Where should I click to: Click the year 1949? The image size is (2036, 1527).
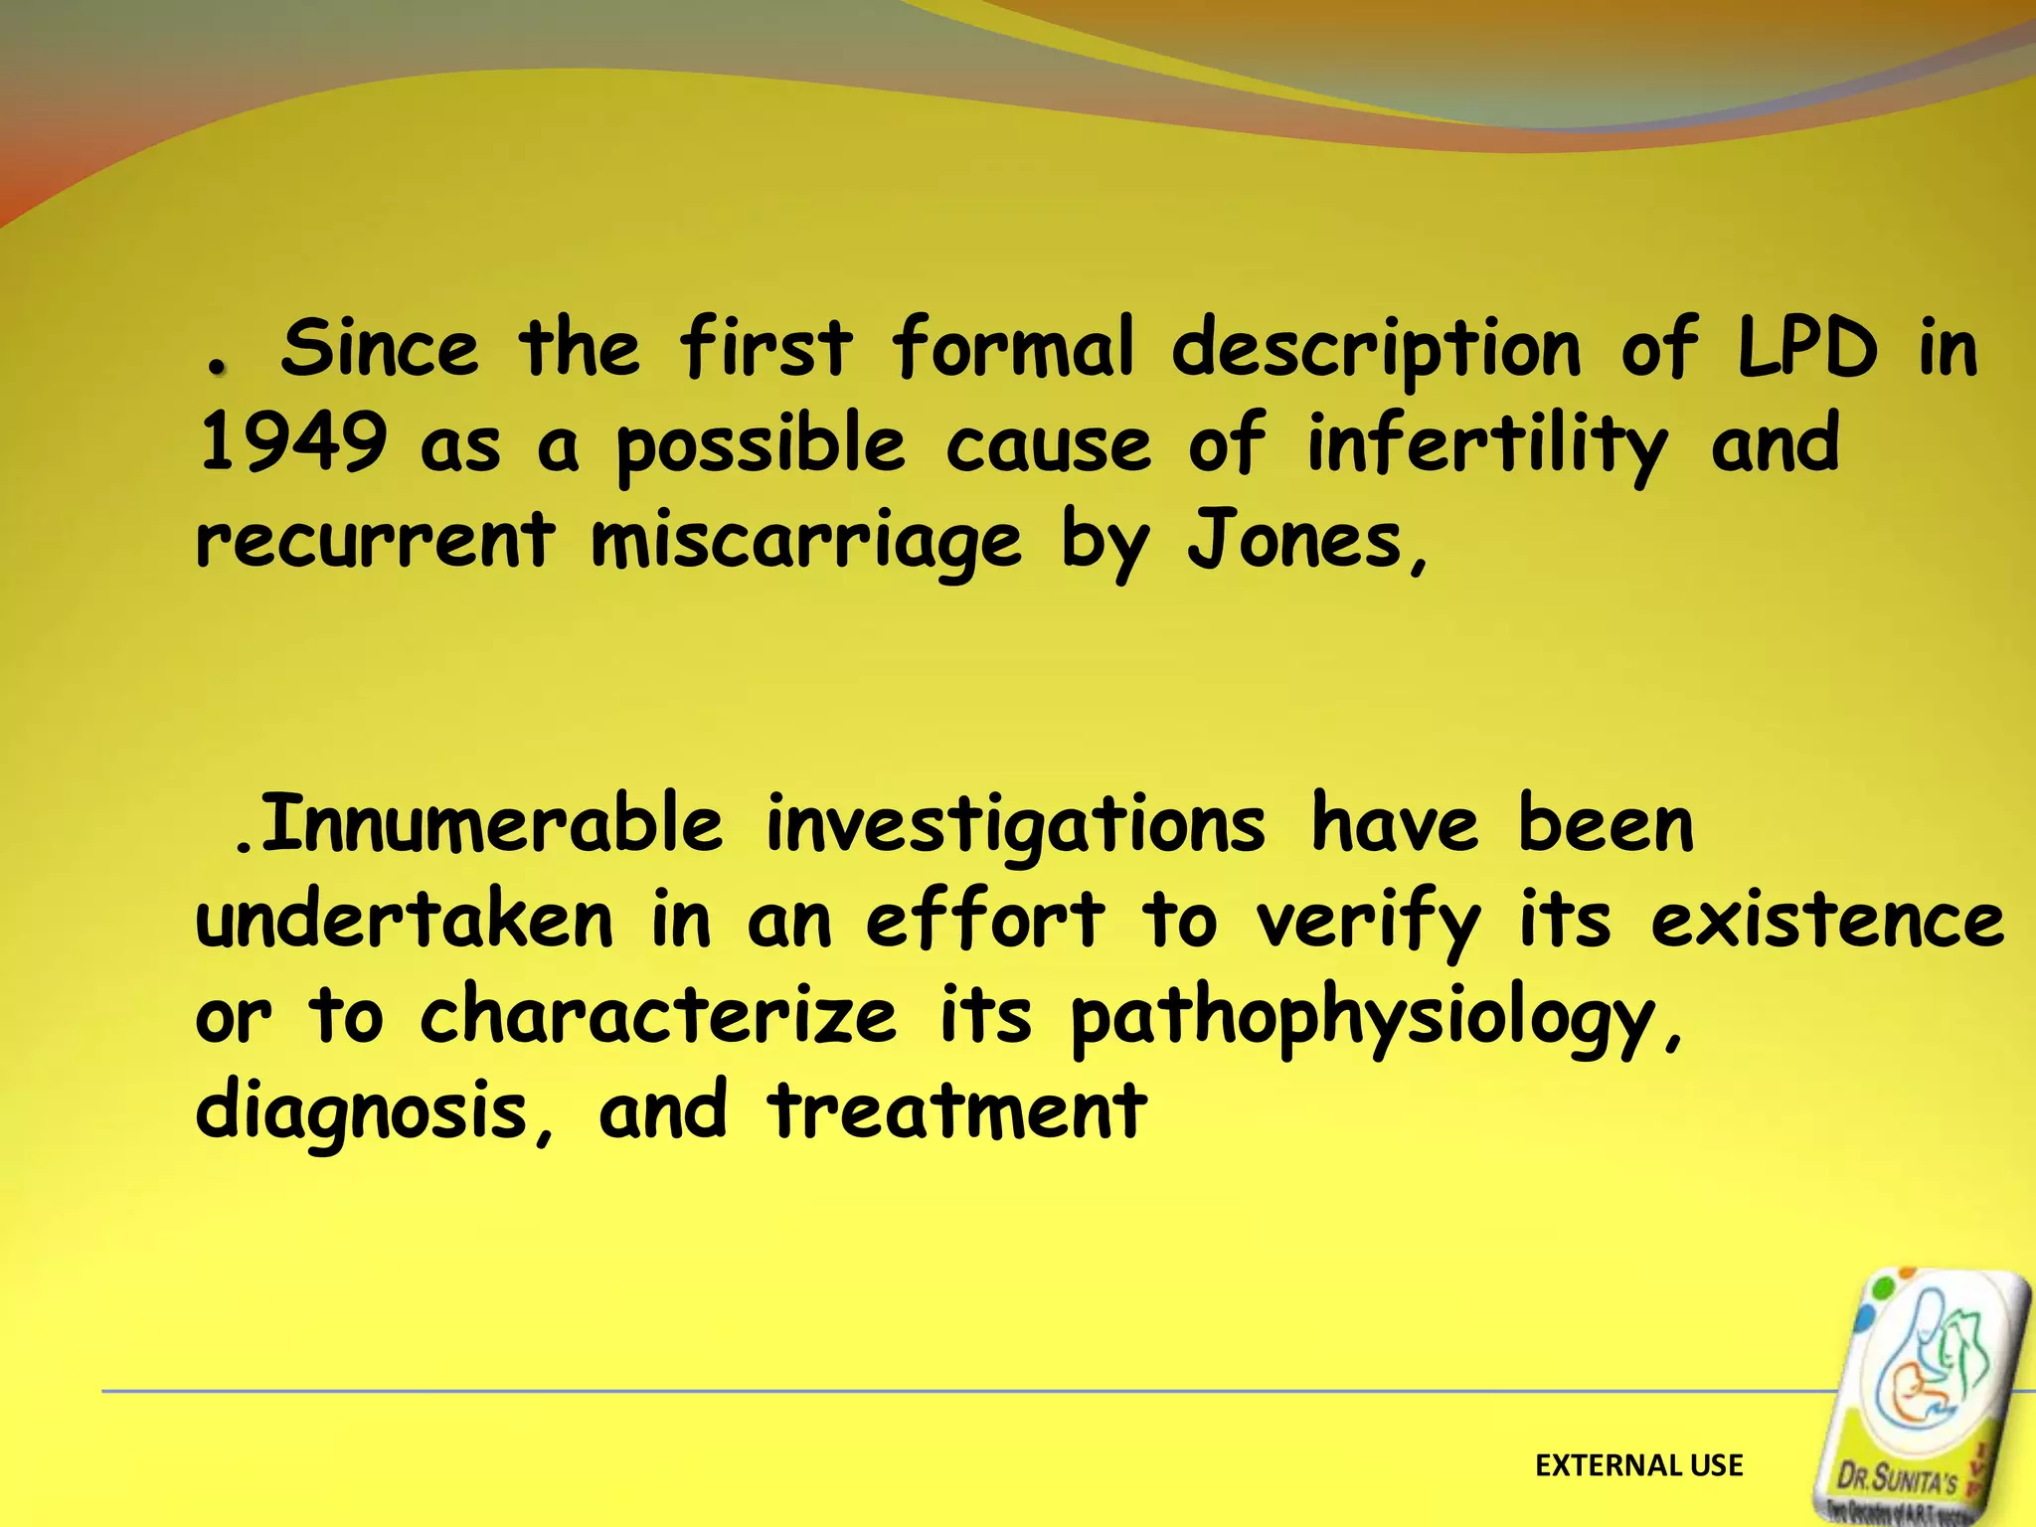tap(292, 443)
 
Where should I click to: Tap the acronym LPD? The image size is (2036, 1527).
tap(1807, 348)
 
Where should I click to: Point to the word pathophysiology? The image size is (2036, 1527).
tap(1363, 1020)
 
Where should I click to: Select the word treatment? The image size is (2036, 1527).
tap(957, 1111)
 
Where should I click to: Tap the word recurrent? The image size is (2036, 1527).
tap(375, 540)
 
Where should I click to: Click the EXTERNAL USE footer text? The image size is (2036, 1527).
tap(1638, 1465)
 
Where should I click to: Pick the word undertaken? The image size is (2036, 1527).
tap(404, 921)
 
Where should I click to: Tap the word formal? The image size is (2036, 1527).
tap(1011, 348)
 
